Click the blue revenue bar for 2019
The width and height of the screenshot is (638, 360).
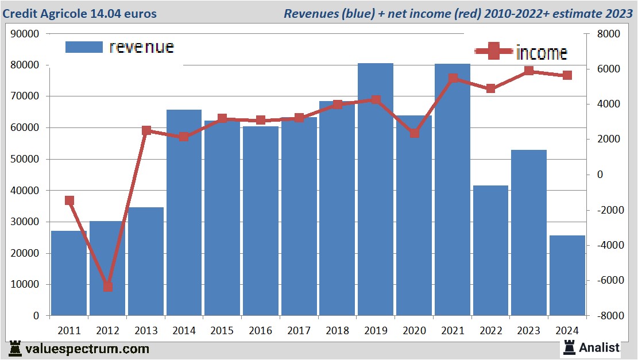pos(376,189)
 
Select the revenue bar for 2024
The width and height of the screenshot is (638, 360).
pos(567,276)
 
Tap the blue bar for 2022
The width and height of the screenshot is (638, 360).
pos(490,250)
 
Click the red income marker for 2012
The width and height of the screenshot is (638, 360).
pos(107,287)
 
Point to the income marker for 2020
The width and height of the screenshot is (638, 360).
pos(414,133)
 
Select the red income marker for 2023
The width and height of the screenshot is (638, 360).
pos(529,71)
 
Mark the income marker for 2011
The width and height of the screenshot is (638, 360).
pos(69,200)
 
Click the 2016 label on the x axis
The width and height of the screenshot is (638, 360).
pos(261,331)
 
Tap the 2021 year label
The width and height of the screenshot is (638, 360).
pos(452,331)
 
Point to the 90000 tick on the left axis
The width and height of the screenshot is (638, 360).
pos(25,34)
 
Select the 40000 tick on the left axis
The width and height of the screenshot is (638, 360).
pos(25,191)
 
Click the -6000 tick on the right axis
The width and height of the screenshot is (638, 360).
pos(609,280)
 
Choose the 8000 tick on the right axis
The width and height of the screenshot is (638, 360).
pos(609,34)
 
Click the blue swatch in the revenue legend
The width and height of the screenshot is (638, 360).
pos(84,47)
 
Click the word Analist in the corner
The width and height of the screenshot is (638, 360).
pos(599,347)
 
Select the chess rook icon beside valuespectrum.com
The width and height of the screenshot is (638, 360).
pos(16,349)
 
